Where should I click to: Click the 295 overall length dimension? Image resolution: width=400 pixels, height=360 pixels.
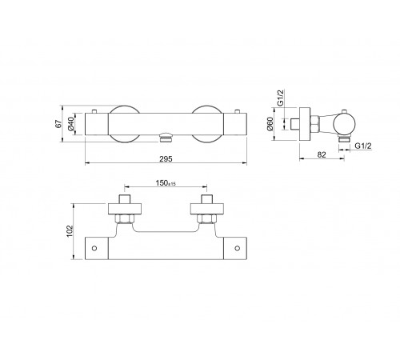pyautogui.click(x=166, y=159)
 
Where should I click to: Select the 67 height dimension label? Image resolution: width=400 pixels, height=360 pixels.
pyautogui.click(x=58, y=124)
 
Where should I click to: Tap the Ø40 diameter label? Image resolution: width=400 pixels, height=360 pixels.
pyautogui.click(x=71, y=124)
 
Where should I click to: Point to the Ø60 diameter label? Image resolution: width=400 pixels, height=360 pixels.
pyautogui.click(x=270, y=124)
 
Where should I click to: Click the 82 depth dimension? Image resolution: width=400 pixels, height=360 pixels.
pyautogui.click(x=322, y=154)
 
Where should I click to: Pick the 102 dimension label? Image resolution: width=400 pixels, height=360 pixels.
pyautogui.click(x=70, y=231)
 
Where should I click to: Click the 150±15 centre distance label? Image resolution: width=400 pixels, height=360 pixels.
pyautogui.click(x=166, y=183)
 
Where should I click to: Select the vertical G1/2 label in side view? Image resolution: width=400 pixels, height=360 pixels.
pyautogui.click(x=280, y=98)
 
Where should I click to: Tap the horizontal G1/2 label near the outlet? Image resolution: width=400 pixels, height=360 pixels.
pyautogui.click(x=363, y=146)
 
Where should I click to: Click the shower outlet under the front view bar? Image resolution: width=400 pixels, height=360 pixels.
pyautogui.click(x=166, y=139)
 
